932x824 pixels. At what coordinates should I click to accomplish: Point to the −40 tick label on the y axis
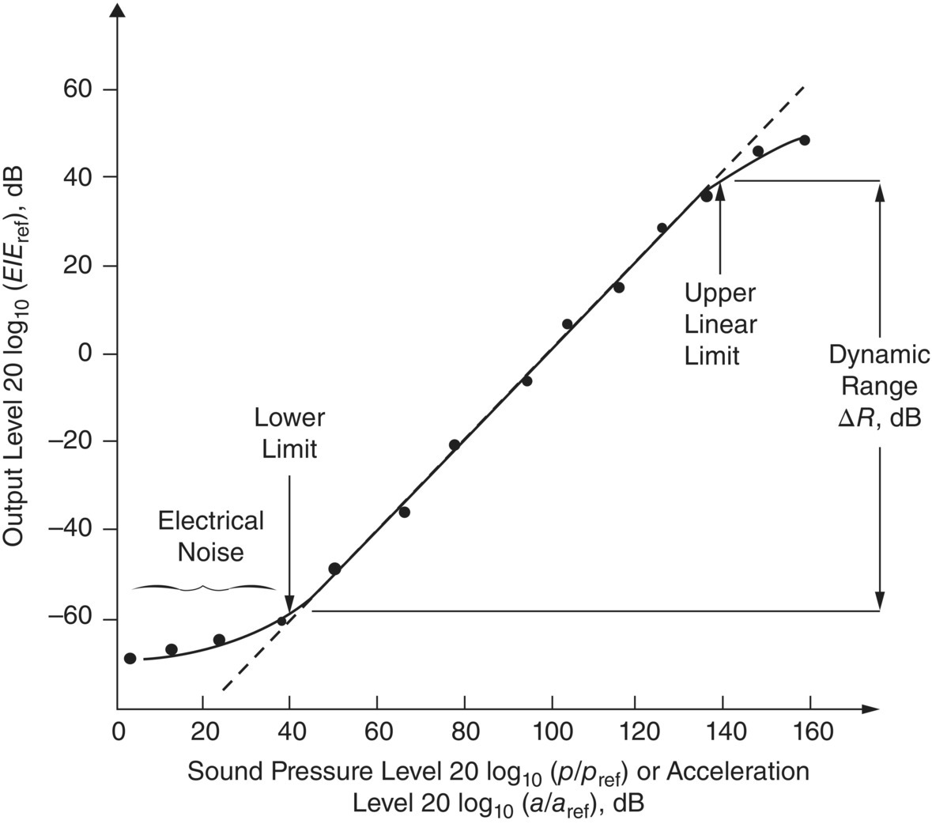(72, 529)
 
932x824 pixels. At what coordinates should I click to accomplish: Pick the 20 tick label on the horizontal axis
(203, 731)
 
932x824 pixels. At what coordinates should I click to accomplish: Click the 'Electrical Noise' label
(210, 535)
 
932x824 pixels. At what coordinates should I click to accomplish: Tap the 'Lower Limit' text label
(289, 433)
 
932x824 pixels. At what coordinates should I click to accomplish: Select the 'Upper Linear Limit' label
(720, 324)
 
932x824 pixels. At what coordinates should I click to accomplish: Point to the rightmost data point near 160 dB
(805, 140)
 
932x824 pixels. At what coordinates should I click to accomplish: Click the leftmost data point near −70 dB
(130, 658)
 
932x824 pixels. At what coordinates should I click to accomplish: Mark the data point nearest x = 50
(334, 569)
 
